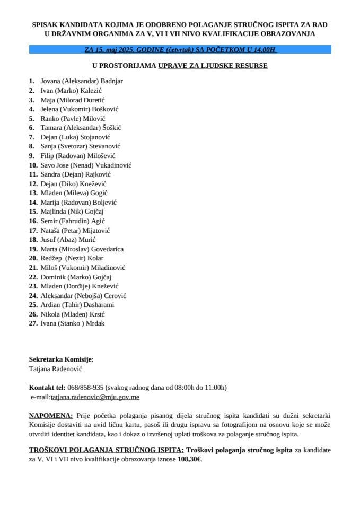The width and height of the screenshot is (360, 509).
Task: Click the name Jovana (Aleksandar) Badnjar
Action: click(x=82, y=81)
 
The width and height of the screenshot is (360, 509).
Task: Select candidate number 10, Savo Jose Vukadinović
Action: click(x=86, y=165)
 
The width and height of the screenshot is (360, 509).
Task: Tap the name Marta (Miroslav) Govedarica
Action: click(x=83, y=249)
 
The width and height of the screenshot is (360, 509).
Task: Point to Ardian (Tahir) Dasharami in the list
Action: click(x=77, y=304)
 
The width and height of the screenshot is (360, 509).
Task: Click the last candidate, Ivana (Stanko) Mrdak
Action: click(x=72, y=323)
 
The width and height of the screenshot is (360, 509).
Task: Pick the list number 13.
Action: click(x=33, y=193)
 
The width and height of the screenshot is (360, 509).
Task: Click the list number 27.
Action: click(x=33, y=323)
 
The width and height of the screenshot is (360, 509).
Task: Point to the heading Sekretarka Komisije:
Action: click(x=62, y=359)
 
